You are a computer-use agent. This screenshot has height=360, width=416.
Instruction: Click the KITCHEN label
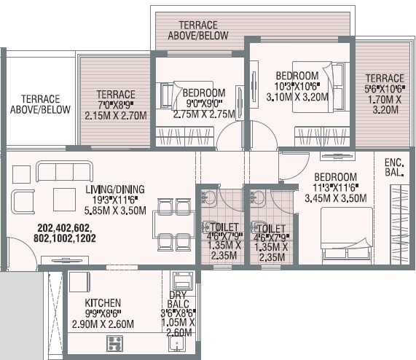(x=102, y=302)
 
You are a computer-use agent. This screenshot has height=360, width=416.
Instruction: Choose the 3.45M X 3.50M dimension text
(x=335, y=198)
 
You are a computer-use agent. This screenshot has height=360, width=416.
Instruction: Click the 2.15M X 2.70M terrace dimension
(x=116, y=116)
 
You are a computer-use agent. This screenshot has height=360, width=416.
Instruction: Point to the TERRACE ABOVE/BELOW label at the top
(x=198, y=30)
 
